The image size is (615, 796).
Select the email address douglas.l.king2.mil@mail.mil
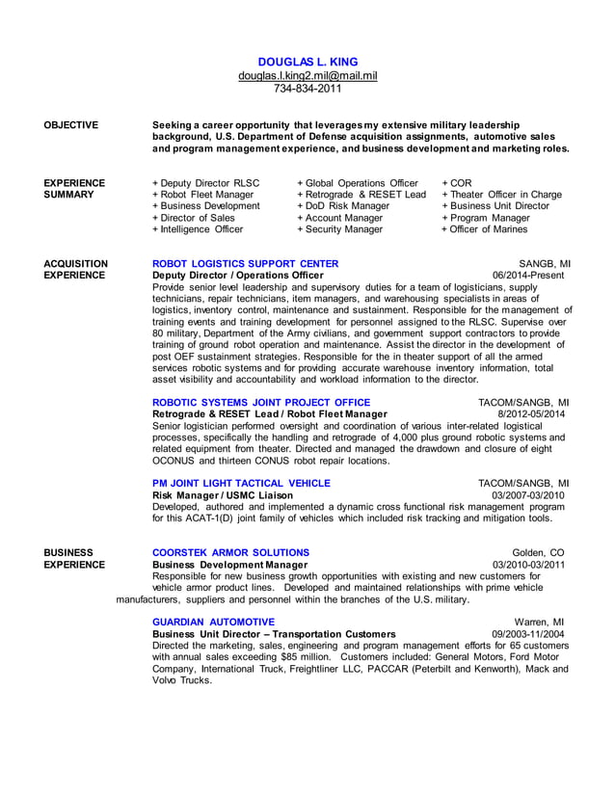coord(307,75)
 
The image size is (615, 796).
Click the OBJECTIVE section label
coord(71,125)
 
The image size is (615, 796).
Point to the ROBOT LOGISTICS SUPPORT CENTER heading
coord(246,263)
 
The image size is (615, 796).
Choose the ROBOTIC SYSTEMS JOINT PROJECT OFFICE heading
coord(261,402)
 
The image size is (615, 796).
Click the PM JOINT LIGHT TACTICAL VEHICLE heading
coord(242,483)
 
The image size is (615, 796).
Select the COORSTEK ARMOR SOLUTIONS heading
coord(231,552)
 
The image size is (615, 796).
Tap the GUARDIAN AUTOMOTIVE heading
coord(213,622)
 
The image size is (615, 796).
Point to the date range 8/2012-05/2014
coord(532,414)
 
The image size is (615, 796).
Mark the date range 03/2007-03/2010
coord(528,495)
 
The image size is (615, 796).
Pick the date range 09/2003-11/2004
coord(528,634)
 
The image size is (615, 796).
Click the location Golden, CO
coord(539,552)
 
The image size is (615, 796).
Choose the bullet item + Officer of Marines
coord(485,229)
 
